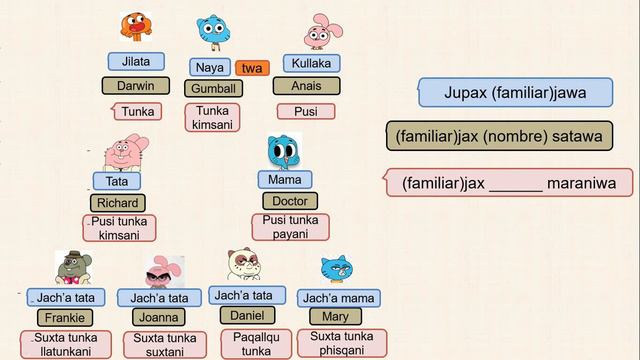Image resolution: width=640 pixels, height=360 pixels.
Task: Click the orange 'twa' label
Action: click(x=252, y=68)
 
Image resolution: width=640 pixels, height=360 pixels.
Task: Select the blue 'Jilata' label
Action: click(x=136, y=62)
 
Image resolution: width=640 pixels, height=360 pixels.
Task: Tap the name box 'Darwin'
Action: click(x=136, y=86)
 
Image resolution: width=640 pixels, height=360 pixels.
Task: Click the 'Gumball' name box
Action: click(x=213, y=88)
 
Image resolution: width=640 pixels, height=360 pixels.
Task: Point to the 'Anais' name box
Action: click(x=307, y=86)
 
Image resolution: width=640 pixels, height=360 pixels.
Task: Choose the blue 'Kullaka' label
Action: click(x=311, y=63)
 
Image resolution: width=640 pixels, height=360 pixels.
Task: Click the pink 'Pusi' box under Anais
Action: click(x=306, y=111)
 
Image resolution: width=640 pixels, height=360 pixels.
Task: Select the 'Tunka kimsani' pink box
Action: click(x=212, y=118)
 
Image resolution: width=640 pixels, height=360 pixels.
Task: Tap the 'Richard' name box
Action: click(x=118, y=203)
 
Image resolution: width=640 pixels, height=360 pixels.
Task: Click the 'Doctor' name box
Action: click(x=290, y=201)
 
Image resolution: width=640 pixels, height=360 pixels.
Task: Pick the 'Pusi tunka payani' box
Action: click(x=291, y=227)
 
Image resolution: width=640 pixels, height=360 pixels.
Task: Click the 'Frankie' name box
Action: click(x=65, y=318)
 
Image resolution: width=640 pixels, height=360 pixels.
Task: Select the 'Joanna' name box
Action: click(x=159, y=317)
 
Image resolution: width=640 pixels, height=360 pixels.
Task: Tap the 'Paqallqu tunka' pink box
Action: click(x=256, y=344)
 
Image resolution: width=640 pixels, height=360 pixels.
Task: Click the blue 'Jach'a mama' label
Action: click(x=339, y=298)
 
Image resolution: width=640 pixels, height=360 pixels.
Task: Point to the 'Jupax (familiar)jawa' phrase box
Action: click(x=516, y=93)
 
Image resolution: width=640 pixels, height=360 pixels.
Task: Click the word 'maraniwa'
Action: click(x=581, y=183)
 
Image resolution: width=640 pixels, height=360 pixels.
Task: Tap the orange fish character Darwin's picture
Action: click(x=136, y=27)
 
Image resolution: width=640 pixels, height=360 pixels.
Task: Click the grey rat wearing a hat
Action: click(x=73, y=268)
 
